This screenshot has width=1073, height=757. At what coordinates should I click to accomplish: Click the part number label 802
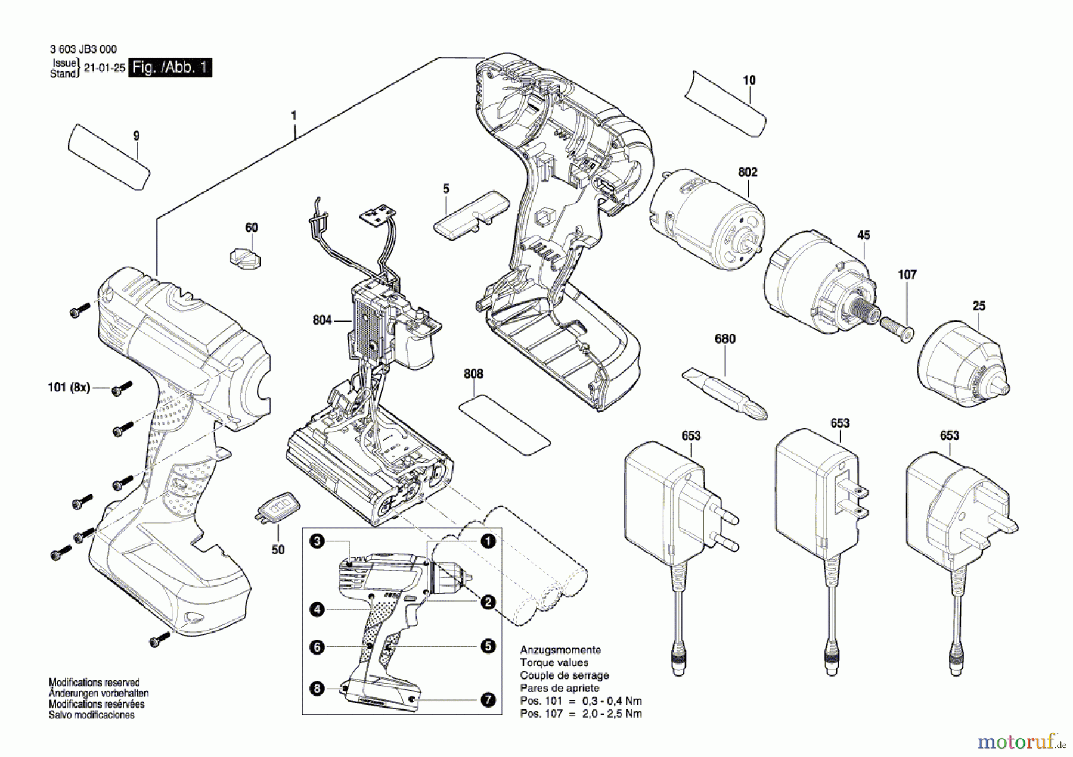pos(747,172)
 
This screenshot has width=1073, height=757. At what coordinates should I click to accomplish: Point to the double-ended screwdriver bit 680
pos(724,393)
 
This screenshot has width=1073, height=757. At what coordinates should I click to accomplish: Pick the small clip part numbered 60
pos(245,257)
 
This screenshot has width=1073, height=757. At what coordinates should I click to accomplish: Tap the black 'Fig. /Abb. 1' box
pos(170,67)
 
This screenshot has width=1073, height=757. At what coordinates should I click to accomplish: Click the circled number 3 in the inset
pos(317,541)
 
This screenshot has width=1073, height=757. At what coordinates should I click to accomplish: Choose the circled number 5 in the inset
pos(488,646)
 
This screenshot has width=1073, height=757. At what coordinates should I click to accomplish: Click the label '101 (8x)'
pos(69,388)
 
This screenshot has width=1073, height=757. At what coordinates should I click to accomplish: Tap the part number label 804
pos(322,320)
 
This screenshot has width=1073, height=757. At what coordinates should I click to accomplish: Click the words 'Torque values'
pos(554,663)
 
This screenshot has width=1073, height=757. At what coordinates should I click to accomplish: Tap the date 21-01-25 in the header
pos(104,68)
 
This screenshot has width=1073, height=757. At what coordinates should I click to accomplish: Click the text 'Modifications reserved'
pos(94,683)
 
